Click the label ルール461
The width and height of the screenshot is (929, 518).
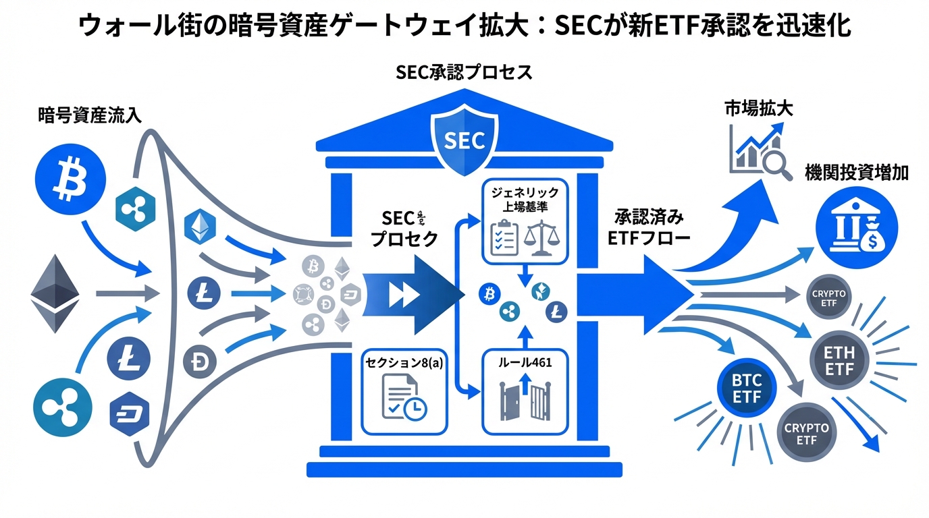tap(525, 362)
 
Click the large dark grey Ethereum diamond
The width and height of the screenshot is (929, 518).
tap(55, 294)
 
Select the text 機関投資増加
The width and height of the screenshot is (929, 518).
tap(856, 173)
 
